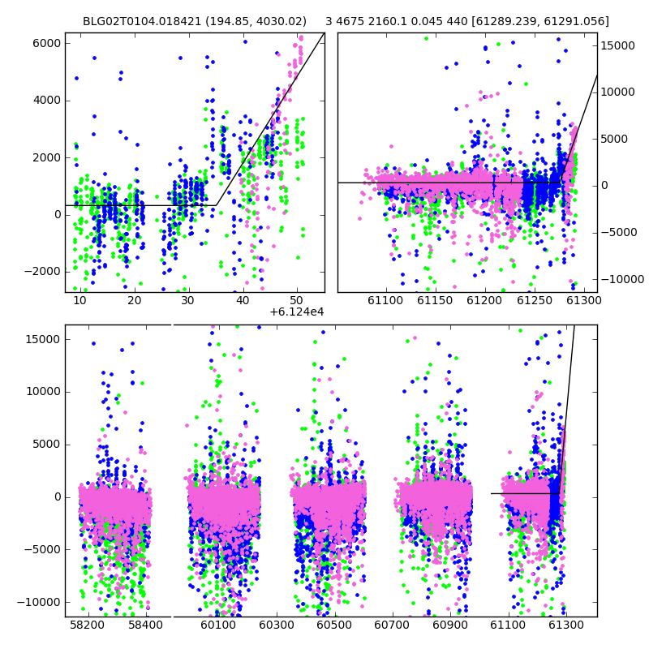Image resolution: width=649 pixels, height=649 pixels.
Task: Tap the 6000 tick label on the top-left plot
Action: click(46, 44)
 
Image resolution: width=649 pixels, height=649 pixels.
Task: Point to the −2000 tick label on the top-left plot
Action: click(42, 272)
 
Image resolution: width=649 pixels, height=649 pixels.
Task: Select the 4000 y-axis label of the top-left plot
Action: click(46, 101)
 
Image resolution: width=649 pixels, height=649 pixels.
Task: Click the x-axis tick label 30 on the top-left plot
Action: click(188, 300)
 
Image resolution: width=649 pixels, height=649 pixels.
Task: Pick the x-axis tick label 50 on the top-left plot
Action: click(297, 300)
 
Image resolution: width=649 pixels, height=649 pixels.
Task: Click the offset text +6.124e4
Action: click(296, 312)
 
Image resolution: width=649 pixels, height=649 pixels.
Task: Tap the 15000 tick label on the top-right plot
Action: click(618, 46)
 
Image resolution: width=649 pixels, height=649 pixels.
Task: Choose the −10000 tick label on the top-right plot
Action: click(622, 279)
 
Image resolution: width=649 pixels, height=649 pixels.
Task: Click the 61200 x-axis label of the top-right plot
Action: click(484, 300)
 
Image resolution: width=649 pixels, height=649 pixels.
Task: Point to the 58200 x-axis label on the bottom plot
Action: click(87, 625)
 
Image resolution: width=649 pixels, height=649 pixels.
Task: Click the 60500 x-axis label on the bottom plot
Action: click(334, 625)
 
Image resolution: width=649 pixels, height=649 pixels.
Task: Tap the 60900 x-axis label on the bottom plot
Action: click(450, 625)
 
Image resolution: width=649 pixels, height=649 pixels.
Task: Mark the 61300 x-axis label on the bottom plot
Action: click(565, 625)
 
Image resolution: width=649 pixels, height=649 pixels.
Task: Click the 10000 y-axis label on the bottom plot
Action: click(43, 392)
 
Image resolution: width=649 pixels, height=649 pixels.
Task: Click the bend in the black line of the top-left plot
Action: click(216, 205)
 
